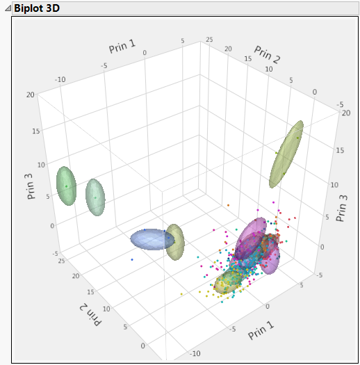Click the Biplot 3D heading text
[39, 9]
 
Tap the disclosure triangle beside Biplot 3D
[6, 9]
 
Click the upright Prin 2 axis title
[267, 55]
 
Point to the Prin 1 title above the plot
[124, 48]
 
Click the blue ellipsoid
[152, 239]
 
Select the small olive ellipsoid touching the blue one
[175, 242]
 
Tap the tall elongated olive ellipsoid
[286, 154]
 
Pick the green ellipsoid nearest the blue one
[95, 198]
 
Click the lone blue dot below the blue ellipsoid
[132, 259]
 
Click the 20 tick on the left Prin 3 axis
[31, 95]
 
